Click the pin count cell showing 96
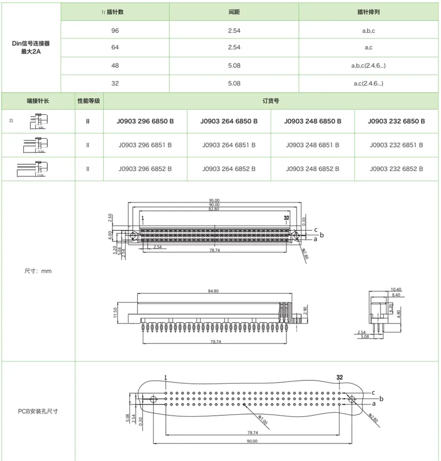tap(115, 30)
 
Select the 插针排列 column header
tap(368, 12)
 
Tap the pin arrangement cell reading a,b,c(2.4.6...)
tap(368, 66)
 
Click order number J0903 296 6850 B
tap(146, 121)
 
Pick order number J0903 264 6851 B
tap(229, 145)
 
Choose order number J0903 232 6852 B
tap(396, 169)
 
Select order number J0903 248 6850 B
tap(313, 121)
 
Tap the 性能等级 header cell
tap(88, 101)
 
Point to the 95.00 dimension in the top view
tap(214, 200)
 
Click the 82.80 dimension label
tap(214, 209)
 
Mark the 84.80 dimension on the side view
tap(214, 291)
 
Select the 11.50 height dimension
tap(116, 312)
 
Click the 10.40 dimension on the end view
tap(395, 289)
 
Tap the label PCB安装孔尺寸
tap(38, 412)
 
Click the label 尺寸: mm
tap(38, 271)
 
